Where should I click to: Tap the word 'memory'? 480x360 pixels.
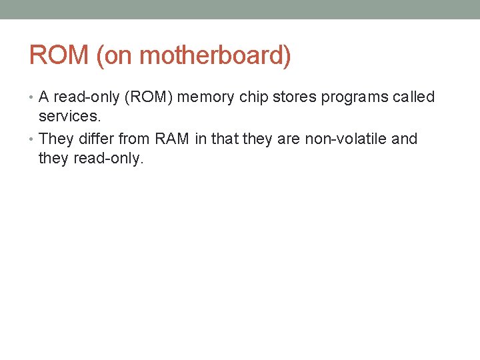click(205, 97)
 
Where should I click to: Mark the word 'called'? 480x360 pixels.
click(413, 97)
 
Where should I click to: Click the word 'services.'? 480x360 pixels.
click(69, 116)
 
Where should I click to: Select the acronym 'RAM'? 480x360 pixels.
click(172, 139)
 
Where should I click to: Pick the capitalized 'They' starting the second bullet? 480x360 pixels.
click(55, 139)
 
